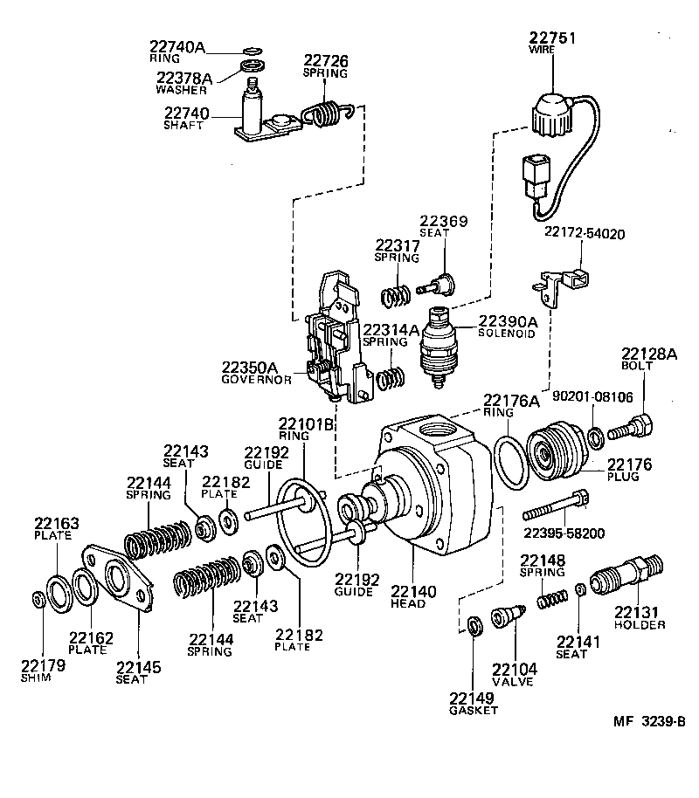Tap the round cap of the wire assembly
click(x=551, y=114)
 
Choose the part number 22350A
click(x=249, y=368)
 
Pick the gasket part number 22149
click(x=473, y=698)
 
